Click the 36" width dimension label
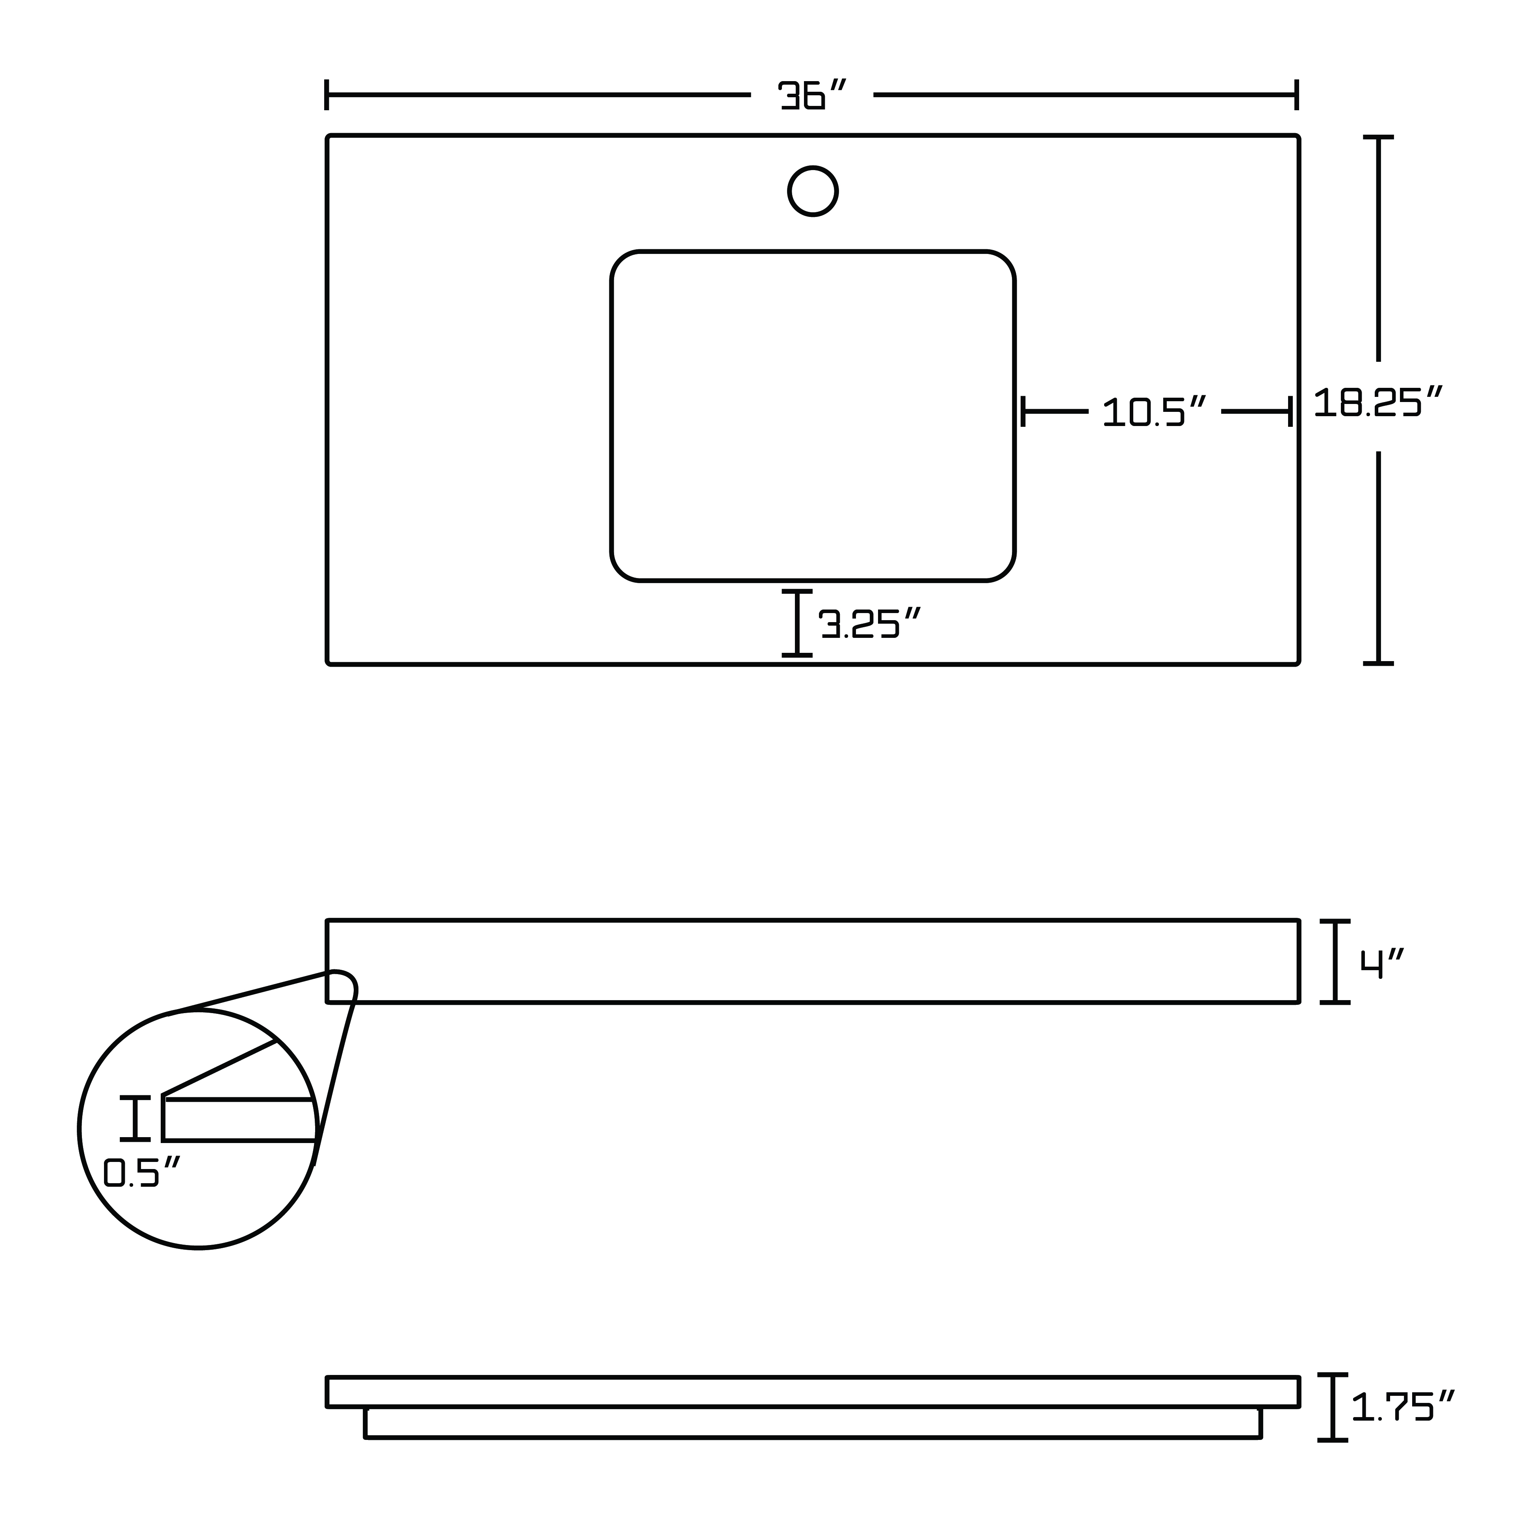pyautogui.click(x=812, y=95)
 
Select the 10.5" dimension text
pyautogui.click(x=1154, y=411)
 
